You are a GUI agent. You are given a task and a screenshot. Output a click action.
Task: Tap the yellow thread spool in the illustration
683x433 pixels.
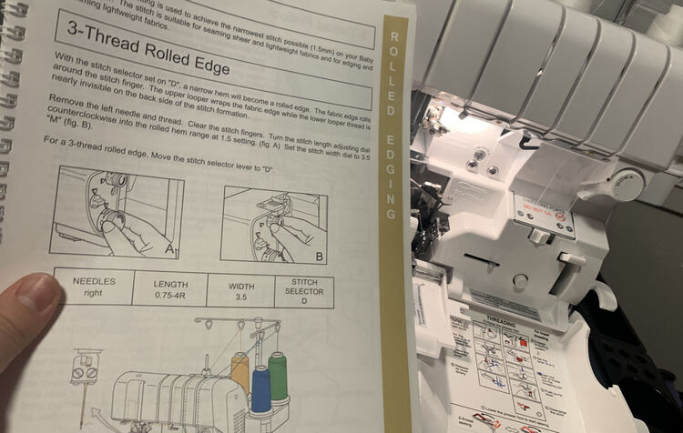(x=240, y=369)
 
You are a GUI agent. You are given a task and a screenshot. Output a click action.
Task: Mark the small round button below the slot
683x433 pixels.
(x=520, y=280)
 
